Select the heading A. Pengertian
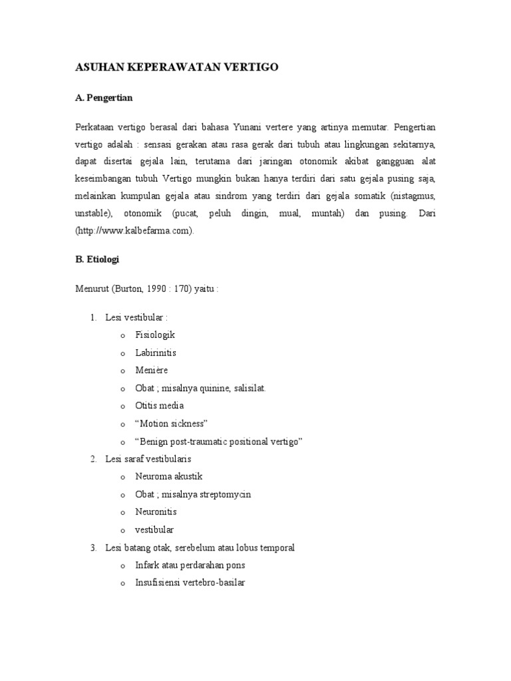(x=104, y=98)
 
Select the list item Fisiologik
(x=155, y=335)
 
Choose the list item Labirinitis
(x=156, y=352)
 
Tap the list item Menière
(x=152, y=370)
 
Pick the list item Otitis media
(x=160, y=406)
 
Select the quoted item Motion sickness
(x=172, y=424)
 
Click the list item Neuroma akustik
(x=168, y=477)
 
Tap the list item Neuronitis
(x=156, y=512)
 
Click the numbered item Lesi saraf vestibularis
(x=153, y=459)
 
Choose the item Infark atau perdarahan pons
(x=190, y=565)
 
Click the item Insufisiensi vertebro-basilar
(x=190, y=583)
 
